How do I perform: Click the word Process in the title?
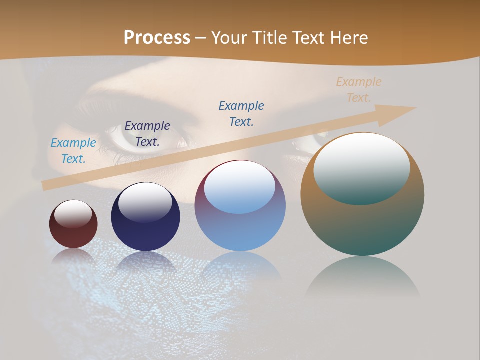coord(157,37)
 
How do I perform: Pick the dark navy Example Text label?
coord(147,134)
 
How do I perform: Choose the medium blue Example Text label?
coord(241,114)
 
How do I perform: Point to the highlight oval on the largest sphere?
coord(362,167)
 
